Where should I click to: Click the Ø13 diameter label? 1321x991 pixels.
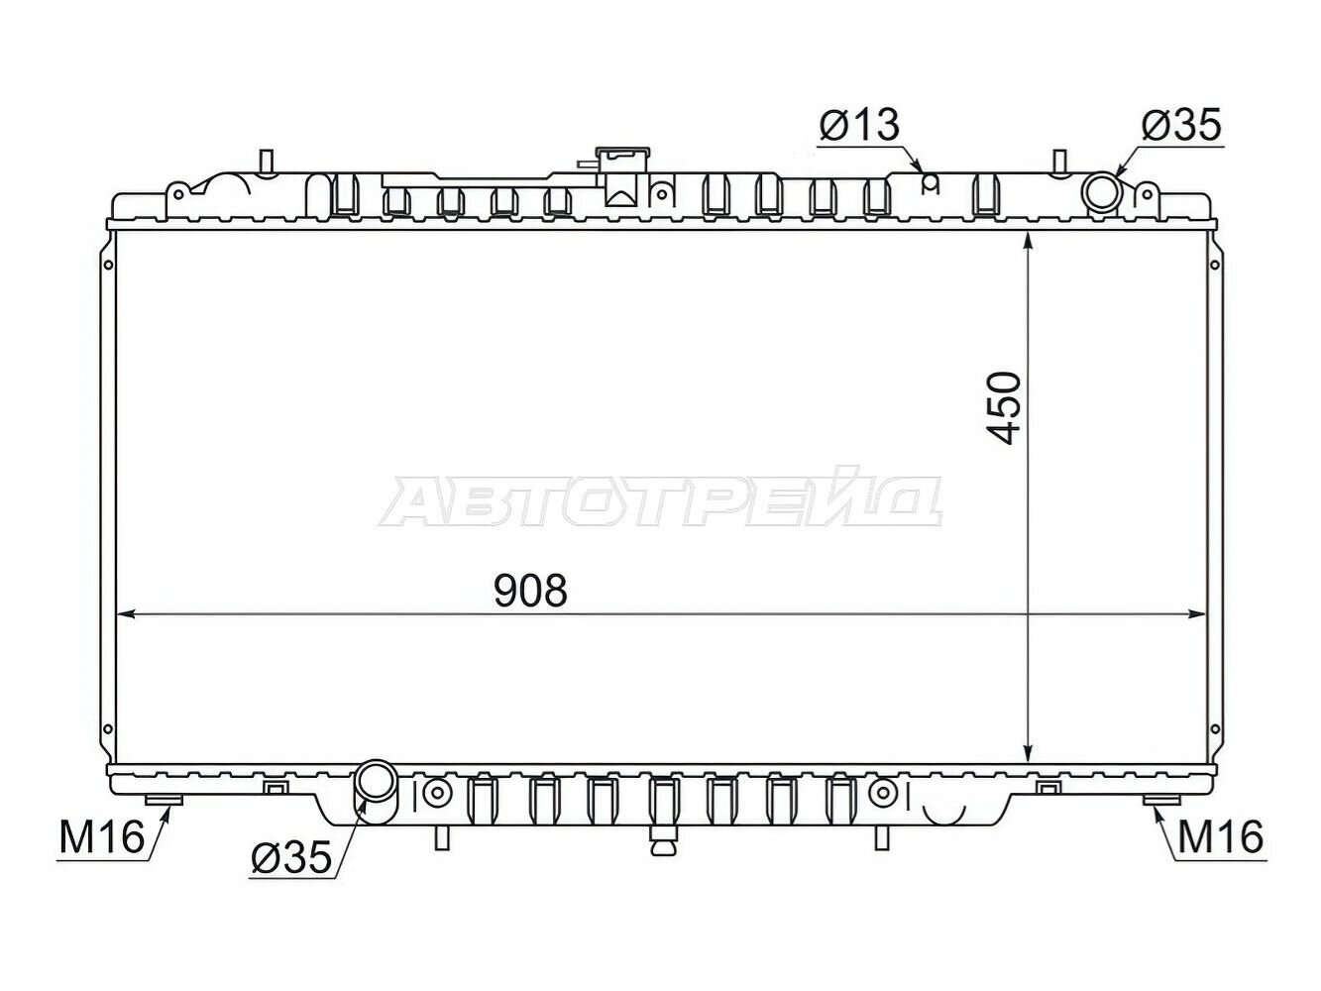point(858,126)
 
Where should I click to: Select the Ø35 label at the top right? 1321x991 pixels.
point(1181,126)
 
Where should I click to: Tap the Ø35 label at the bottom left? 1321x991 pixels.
point(289,859)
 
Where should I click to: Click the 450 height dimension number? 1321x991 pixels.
point(1003,407)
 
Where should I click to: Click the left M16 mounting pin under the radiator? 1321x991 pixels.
point(165,802)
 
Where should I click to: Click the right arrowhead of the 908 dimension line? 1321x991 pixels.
point(1200,615)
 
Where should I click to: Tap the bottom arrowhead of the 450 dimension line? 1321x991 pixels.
point(1031,755)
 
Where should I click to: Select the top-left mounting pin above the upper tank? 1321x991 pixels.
point(265,161)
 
